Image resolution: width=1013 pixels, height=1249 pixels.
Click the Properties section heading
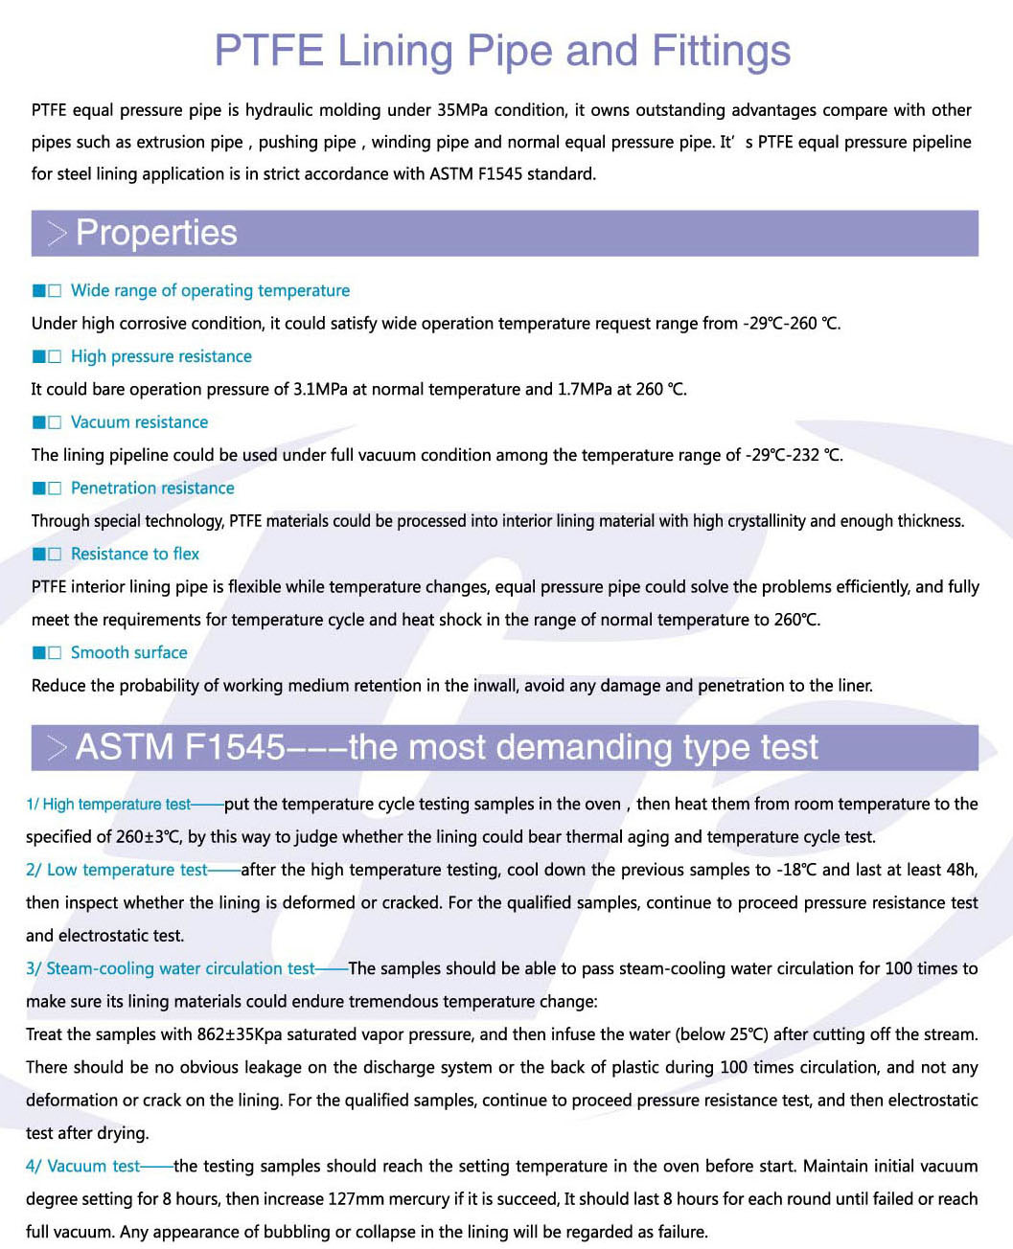[156, 233]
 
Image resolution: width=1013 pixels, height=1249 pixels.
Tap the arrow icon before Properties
[57, 233]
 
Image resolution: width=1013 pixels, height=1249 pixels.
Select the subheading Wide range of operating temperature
[210, 290]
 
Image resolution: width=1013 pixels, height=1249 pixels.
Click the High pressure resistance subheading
[161, 356]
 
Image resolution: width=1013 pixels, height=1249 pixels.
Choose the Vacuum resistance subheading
[139, 422]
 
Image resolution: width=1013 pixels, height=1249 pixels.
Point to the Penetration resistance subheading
[152, 488]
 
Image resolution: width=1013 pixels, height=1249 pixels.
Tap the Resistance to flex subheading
[135, 554]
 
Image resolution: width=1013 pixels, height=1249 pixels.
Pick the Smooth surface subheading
[128, 652]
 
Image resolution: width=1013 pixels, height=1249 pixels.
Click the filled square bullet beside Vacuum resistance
[39, 422]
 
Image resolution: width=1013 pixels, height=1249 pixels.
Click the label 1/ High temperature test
[108, 805]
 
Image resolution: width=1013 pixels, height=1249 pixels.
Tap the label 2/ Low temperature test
[117, 870]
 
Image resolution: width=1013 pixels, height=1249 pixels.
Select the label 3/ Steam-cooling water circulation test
[171, 968]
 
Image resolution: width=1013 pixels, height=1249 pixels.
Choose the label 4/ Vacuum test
[83, 1166]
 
